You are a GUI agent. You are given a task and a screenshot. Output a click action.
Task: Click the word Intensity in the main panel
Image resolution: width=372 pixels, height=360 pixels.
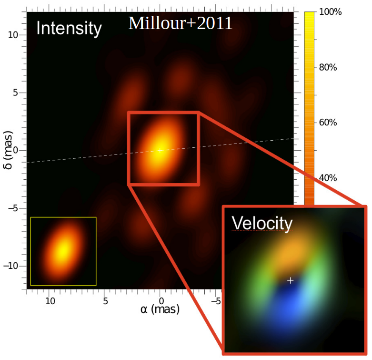coord(69,29)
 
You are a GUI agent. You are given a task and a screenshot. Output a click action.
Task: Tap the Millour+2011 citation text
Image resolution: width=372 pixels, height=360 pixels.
coord(180,23)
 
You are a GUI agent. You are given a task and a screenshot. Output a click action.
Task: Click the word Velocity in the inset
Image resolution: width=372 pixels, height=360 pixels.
coord(261,223)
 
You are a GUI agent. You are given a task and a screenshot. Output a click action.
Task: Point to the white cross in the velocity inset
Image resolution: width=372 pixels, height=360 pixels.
coord(291,280)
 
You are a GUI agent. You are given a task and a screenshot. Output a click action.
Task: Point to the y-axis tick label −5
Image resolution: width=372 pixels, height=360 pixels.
coord(13,208)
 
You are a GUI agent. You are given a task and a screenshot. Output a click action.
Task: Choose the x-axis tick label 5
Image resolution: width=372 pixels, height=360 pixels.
coord(105,301)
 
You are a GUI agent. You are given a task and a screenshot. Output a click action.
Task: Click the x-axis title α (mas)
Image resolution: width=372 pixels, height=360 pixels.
coord(160,309)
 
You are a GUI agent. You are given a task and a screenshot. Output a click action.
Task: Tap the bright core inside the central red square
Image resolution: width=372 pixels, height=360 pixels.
coord(161,148)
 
